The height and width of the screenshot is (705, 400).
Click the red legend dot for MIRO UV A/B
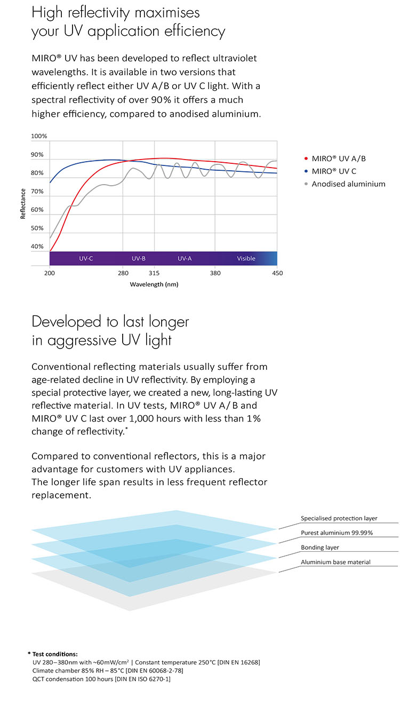(306, 159)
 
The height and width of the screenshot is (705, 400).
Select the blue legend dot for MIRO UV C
(306, 171)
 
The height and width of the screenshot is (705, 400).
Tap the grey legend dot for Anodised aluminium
(306, 184)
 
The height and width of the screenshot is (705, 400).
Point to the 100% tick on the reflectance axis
(39, 136)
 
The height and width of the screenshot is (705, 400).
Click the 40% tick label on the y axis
(37, 247)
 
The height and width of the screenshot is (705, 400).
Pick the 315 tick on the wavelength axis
(154, 273)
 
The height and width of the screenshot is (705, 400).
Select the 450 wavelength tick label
(277, 273)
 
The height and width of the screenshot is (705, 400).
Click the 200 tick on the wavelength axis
(50, 273)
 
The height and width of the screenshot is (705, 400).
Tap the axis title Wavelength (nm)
(154, 284)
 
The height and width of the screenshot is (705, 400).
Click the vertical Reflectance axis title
(23, 203)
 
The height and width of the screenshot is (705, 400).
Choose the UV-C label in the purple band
(86, 259)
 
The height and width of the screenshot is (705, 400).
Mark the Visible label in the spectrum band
(246, 259)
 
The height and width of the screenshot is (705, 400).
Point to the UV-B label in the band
(139, 259)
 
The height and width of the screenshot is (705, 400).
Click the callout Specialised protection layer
(339, 518)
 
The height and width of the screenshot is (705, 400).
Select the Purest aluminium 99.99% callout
(337, 533)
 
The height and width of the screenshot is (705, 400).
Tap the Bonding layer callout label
(320, 548)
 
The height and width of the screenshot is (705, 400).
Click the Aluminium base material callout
(335, 562)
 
